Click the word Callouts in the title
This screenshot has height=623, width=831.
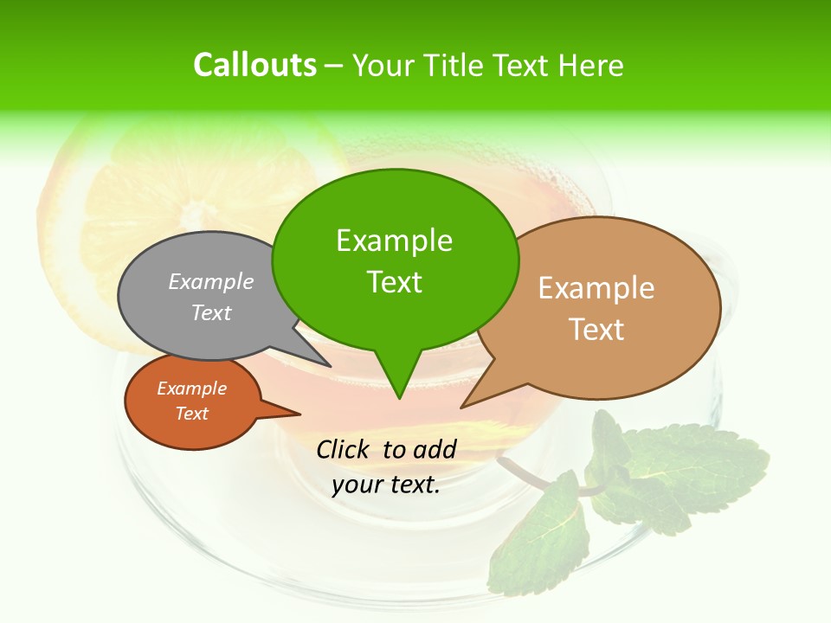(254, 65)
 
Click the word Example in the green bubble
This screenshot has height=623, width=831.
(394, 241)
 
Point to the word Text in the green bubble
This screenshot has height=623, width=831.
(394, 282)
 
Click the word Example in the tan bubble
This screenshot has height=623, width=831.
(596, 288)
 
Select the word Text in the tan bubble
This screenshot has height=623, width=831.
(596, 330)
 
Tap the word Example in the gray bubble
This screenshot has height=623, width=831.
(211, 281)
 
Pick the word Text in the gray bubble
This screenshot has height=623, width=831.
(211, 312)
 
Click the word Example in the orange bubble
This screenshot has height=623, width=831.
(191, 389)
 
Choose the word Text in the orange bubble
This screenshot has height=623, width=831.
(191, 414)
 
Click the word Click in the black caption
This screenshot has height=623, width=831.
(345, 449)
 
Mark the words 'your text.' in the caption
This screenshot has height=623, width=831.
(386, 485)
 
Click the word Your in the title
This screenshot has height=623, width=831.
(384, 65)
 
